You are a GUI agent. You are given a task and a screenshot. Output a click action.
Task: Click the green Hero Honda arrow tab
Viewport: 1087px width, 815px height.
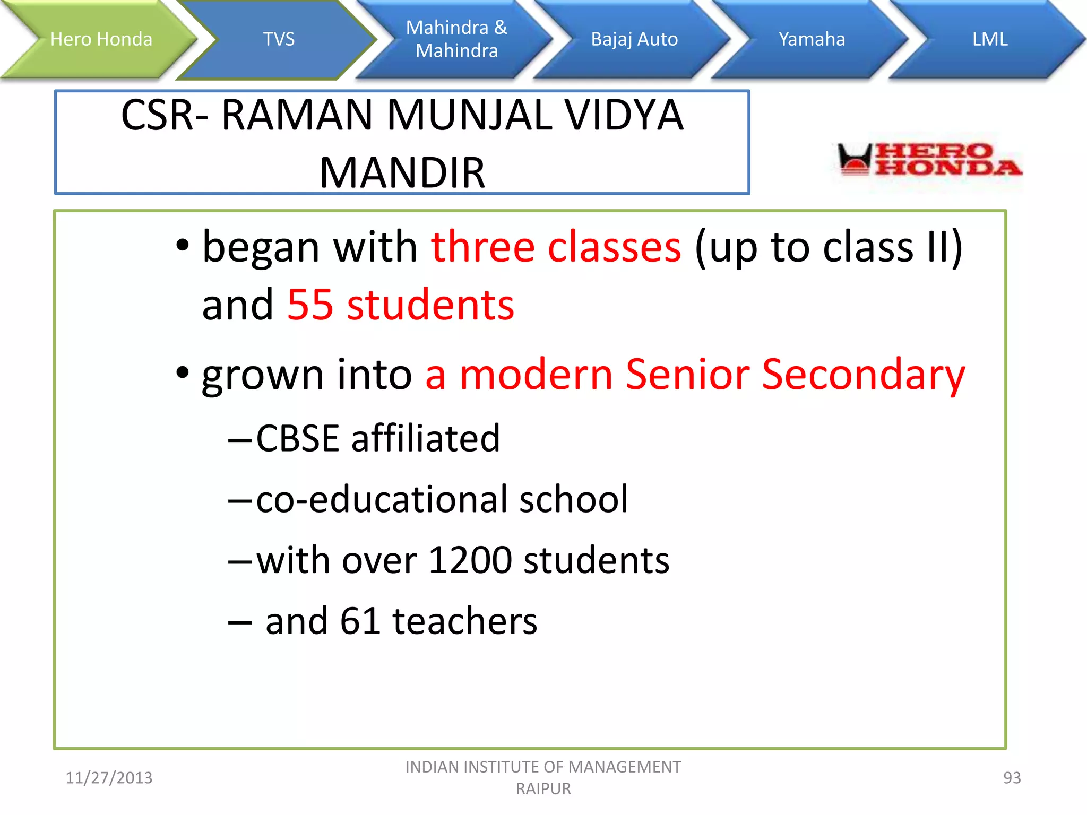(x=101, y=39)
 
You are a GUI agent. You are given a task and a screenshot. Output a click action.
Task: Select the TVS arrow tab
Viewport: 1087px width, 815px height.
(x=279, y=39)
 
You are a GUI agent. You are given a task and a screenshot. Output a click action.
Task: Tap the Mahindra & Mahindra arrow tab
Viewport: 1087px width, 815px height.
(x=456, y=39)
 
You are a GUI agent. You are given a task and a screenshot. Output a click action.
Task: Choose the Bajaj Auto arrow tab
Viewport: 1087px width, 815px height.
(x=634, y=39)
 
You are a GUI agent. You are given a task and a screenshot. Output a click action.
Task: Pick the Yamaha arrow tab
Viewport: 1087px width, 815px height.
(x=812, y=39)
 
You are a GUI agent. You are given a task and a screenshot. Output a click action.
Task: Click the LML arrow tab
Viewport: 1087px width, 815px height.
(x=989, y=39)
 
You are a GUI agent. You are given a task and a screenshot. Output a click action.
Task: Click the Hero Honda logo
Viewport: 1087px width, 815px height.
(x=929, y=159)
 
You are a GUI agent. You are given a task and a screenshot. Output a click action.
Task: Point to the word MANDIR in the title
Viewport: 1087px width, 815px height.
(x=402, y=173)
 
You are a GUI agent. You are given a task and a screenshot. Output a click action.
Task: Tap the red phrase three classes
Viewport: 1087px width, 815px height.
(x=556, y=247)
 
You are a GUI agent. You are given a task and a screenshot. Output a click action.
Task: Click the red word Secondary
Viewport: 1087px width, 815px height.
(x=863, y=375)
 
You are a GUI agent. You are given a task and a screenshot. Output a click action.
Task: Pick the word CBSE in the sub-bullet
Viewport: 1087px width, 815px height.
(x=297, y=439)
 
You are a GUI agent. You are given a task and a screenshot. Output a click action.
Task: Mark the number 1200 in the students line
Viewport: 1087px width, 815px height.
(x=470, y=561)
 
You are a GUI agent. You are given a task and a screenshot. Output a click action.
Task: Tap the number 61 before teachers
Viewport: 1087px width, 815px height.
(x=360, y=621)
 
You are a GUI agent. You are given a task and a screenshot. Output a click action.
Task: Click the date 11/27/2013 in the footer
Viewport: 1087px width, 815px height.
(x=109, y=778)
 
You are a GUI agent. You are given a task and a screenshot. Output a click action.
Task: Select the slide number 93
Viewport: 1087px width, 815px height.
(x=1012, y=778)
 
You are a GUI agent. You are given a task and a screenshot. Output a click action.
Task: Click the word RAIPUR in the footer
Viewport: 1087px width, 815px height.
(x=543, y=789)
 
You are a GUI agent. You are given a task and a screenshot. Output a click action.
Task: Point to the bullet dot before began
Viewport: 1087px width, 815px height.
(x=182, y=246)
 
